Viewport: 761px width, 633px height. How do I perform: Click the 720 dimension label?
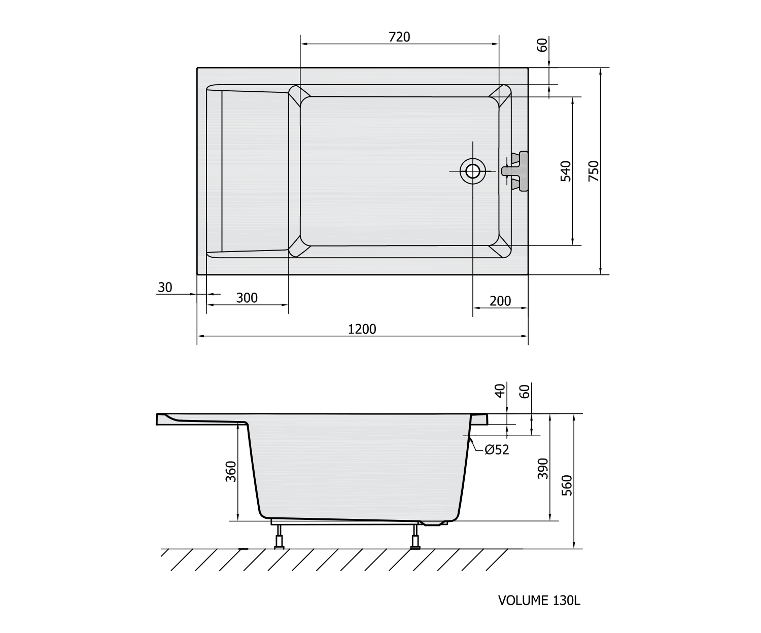[x=399, y=37]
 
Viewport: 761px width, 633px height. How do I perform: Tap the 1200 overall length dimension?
[x=362, y=330]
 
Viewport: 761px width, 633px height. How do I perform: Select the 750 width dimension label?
[x=594, y=171]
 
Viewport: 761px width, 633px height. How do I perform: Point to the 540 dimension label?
[x=566, y=171]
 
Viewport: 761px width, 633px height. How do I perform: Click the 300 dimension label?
[x=247, y=298]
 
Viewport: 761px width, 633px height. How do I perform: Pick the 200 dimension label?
[x=500, y=301]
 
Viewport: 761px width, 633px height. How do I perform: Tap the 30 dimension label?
[x=165, y=288]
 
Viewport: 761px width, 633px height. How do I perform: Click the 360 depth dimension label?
[x=231, y=471]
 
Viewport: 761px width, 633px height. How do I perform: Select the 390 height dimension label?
[x=543, y=468]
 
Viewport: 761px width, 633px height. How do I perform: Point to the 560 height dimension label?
[x=567, y=485]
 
